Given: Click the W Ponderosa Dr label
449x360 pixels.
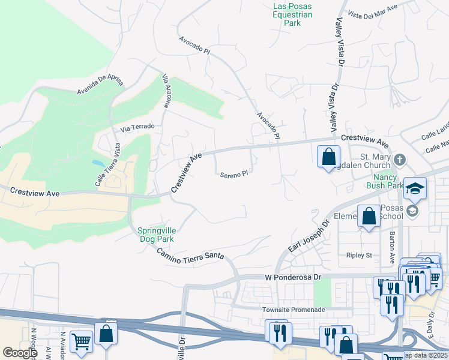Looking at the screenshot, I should pos(294,278).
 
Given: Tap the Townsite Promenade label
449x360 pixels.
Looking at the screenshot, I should pos(294,310).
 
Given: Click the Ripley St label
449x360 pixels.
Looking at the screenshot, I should pos(360,255).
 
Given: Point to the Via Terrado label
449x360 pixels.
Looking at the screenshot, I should pos(137,127).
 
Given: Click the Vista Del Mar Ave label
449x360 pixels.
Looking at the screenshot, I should pos(373,13).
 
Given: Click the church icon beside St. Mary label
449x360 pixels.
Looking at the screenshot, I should pos(400,159).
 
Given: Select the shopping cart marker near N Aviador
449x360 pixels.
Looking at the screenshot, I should pos(82,342).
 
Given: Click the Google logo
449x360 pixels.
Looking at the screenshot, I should pos(20,353).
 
